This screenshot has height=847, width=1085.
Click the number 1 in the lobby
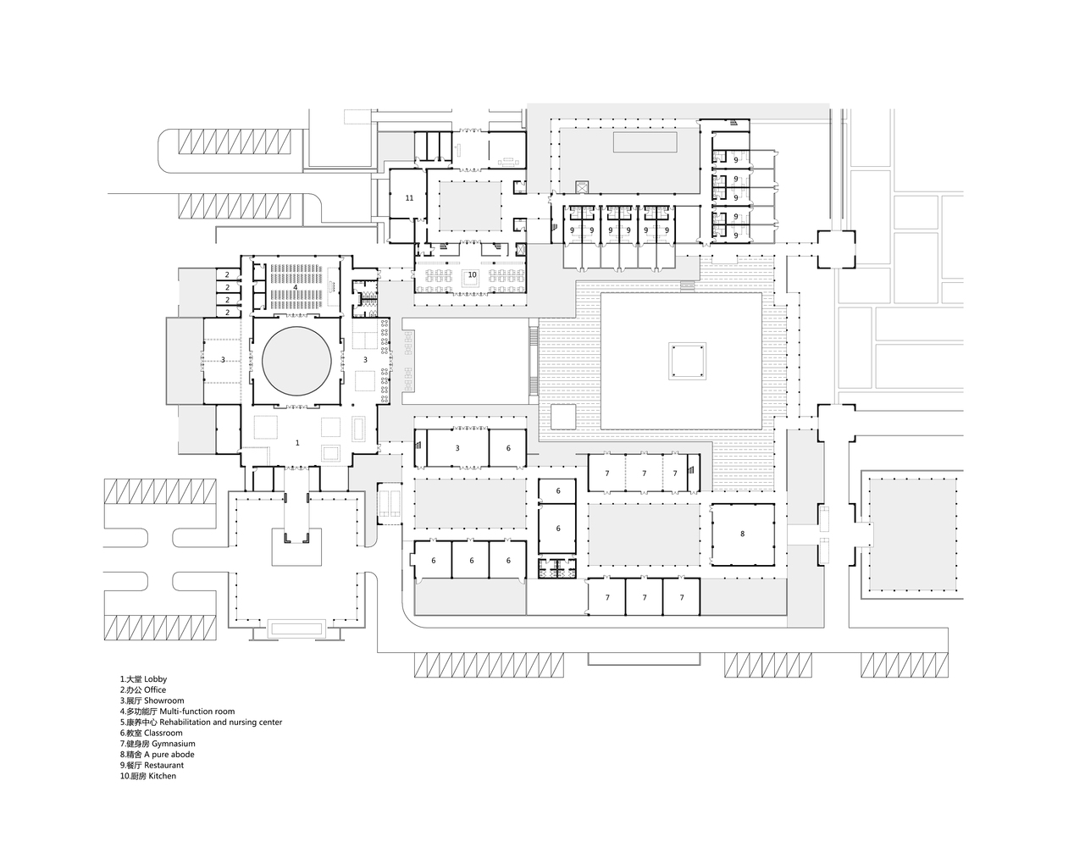point(297,443)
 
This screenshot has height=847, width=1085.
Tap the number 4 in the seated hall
point(296,288)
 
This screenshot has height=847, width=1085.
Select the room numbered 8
point(742,534)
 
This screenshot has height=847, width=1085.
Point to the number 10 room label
point(472,274)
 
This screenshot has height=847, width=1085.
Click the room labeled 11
point(409,197)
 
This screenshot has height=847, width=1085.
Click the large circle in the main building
point(296,361)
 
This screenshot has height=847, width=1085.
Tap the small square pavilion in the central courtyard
point(686,361)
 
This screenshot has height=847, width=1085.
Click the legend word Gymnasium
point(173,744)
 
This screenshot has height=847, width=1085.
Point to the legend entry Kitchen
point(162,776)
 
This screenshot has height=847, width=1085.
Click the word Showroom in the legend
point(163,700)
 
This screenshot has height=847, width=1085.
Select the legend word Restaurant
point(163,765)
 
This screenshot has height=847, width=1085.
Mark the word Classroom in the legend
point(163,733)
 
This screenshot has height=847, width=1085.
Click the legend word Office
point(155,690)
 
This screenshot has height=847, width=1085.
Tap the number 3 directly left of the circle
point(223,361)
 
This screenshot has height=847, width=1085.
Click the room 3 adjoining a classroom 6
point(457,448)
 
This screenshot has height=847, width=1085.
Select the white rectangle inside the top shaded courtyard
point(645,141)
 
